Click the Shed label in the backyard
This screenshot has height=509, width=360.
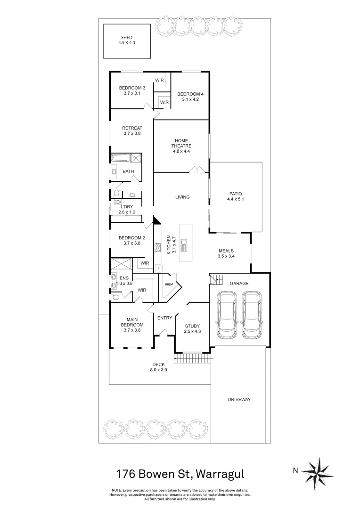(x=126, y=38)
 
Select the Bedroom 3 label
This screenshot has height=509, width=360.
(x=132, y=88)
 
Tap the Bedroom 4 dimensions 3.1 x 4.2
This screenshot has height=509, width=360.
(x=188, y=99)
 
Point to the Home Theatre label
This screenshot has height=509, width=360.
(x=182, y=143)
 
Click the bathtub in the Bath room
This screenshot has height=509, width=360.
(x=121, y=158)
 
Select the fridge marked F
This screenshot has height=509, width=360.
(x=159, y=268)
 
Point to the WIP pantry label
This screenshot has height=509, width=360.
(x=169, y=284)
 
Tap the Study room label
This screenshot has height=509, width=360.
(x=192, y=326)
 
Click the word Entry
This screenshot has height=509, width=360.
(x=164, y=318)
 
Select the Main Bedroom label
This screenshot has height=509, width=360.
(x=132, y=322)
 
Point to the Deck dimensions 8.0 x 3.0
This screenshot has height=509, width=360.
(x=159, y=370)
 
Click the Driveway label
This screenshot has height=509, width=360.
(x=239, y=399)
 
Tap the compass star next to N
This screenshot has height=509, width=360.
(x=317, y=470)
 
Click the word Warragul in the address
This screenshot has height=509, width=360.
(x=221, y=473)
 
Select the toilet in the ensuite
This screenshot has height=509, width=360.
(x=115, y=297)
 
